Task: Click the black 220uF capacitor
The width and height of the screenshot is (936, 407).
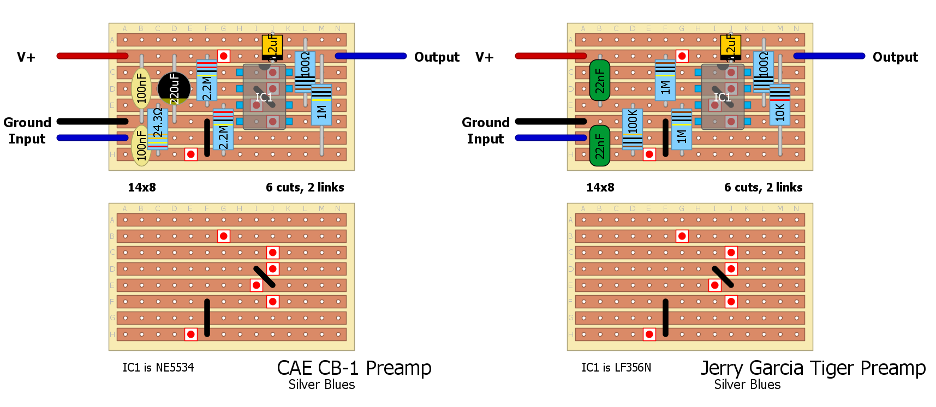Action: [x=174, y=88]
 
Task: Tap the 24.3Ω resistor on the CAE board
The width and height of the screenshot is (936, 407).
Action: [x=158, y=128]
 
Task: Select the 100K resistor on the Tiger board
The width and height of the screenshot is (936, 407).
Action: [x=633, y=129]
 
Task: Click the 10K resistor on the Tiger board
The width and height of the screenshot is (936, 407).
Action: [x=780, y=105]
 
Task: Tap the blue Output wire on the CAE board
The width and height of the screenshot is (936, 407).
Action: [x=371, y=56]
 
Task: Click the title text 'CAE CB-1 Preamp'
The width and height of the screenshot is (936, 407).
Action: [x=354, y=368]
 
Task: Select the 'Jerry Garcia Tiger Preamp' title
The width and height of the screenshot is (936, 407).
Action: [x=813, y=368]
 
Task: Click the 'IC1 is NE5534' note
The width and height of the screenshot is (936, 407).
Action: [x=158, y=368]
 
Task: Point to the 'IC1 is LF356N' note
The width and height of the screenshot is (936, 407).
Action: [x=616, y=368]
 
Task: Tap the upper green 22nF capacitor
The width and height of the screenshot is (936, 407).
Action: [x=600, y=80]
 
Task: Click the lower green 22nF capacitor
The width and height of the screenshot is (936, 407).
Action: [x=600, y=146]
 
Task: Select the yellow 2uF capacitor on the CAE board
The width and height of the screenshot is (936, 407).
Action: [x=272, y=46]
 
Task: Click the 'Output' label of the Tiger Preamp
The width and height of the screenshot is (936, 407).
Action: [x=895, y=57]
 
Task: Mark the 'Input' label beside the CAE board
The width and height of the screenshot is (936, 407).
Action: [x=27, y=139]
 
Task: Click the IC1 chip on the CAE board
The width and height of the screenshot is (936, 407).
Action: [x=264, y=97]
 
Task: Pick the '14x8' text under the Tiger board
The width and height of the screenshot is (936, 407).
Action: [x=600, y=188]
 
